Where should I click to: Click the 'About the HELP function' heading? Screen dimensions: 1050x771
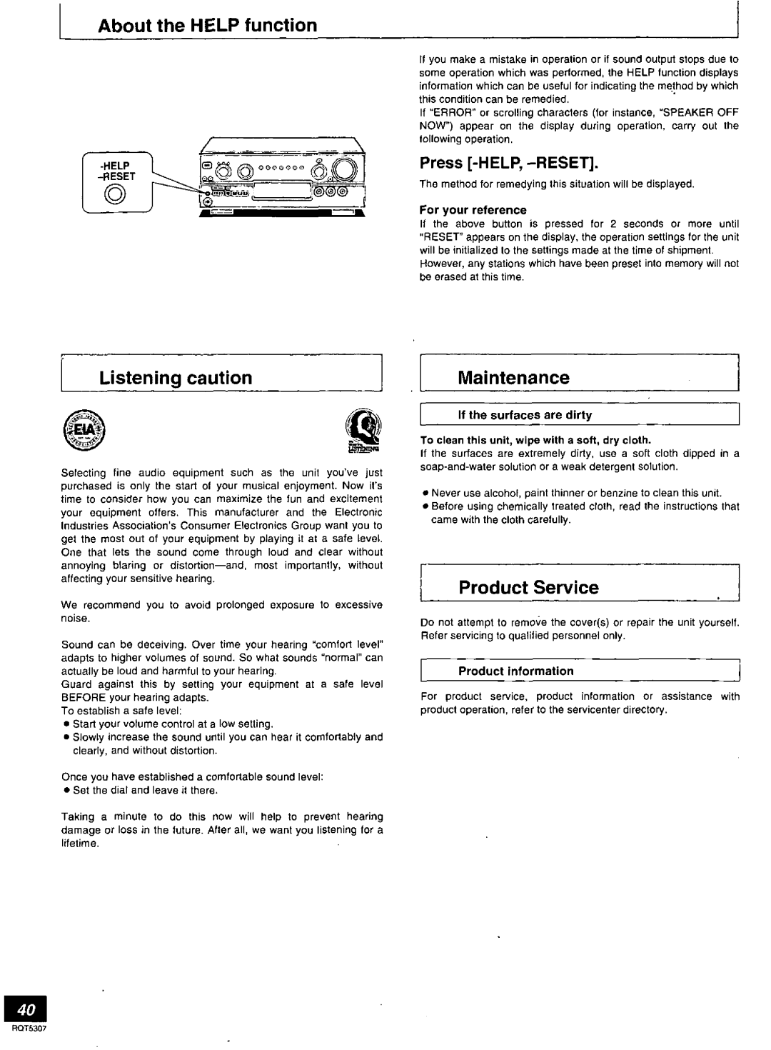208,26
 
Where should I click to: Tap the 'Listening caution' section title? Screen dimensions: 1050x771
176,378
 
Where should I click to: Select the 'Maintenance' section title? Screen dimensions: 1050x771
514,378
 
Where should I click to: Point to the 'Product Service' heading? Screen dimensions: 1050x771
529,588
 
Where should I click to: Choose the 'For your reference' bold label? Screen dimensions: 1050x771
473,210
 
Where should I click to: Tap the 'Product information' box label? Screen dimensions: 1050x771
516,671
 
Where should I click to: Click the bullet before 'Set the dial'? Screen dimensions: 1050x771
65,791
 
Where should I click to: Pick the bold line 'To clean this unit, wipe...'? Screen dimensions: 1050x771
535,440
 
